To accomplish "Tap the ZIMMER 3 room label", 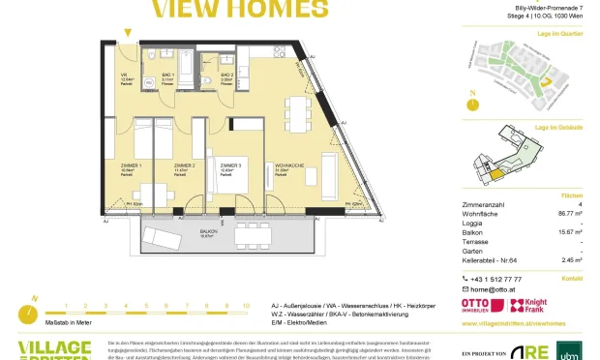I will (x=227, y=165).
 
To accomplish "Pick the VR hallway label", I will (x=123, y=75).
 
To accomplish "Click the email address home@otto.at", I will (x=495, y=289).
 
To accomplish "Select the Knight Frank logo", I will (x=535, y=303).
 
